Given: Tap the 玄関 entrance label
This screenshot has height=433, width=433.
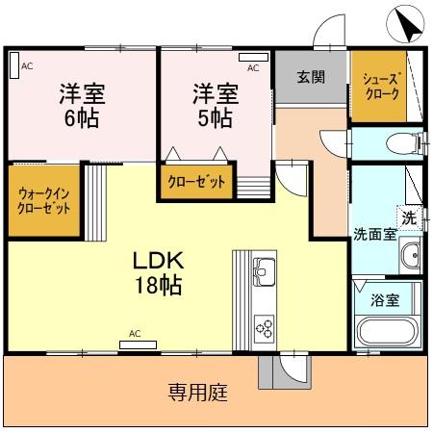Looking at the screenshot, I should pos(310,77).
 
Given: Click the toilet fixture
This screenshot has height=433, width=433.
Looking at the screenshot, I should pos(401,145).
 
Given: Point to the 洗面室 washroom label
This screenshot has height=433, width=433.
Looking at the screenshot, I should pos(373,234).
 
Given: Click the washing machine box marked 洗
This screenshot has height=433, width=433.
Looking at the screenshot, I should pos(410,217).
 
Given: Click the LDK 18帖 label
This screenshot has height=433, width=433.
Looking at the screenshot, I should pos(158,273).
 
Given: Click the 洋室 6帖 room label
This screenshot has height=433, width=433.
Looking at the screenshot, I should pos(82,106).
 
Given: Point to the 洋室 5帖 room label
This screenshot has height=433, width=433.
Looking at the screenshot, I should pos(214,106).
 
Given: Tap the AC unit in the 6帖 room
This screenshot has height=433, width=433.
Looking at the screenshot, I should pos(14,65).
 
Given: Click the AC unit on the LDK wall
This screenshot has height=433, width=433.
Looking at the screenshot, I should pos(135,344).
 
